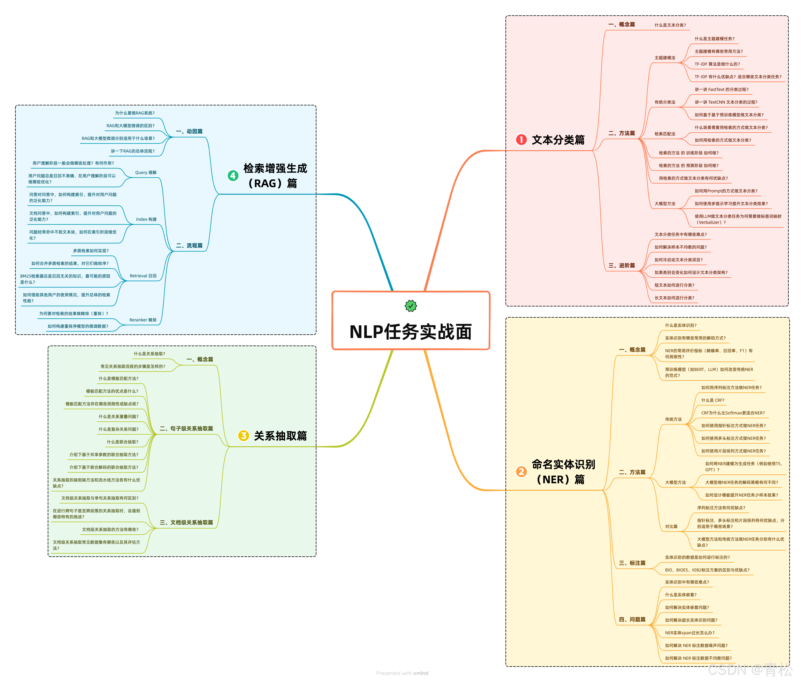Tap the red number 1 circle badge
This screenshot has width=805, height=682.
pyautogui.click(x=521, y=140)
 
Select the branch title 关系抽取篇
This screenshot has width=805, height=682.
pyautogui.click(x=280, y=436)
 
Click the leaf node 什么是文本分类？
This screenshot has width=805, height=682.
pyautogui.click(x=670, y=25)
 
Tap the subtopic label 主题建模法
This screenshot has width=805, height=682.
pyautogui.click(x=665, y=58)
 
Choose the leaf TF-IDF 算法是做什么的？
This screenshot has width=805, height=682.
pyautogui.click(x=717, y=64)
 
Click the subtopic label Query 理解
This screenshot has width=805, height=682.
pyautogui.click(x=146, y=172)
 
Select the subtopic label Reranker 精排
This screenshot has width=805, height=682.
pyautogui.click(x=143, y=320)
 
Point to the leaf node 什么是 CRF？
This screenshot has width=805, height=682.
pyautogui.click(x=713, y=400)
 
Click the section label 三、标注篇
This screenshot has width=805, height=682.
pyautogui.click(x=632, y=563)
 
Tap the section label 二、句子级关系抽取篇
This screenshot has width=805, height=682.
pyautogui.click(x=186, y=428)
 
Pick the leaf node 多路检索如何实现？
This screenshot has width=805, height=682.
pyautogui.click(x=91, y=251)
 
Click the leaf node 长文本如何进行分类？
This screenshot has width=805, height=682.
pyautogui.click(x=674, y=298)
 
